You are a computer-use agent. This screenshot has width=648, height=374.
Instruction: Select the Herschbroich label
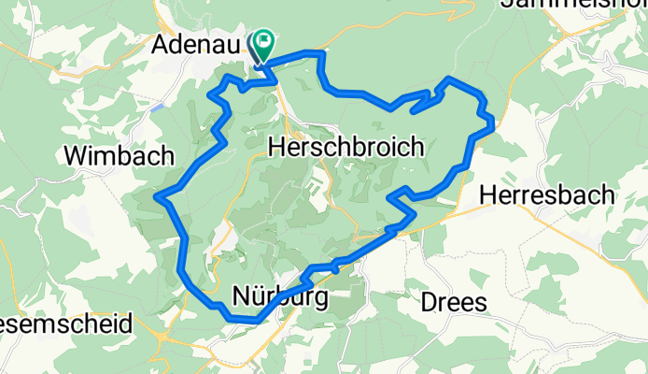coord(345,147)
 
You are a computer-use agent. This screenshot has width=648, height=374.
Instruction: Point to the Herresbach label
coord(547,195)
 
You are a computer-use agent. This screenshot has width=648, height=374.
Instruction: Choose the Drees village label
coord(454,303)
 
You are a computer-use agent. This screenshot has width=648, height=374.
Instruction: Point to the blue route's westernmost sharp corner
coord(159,197)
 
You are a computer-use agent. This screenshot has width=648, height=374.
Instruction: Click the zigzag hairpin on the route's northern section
coord(425,99)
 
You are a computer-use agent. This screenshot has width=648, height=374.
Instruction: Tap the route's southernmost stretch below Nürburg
coord(243,320)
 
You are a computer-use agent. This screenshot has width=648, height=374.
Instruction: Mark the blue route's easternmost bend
coord(492,120)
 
